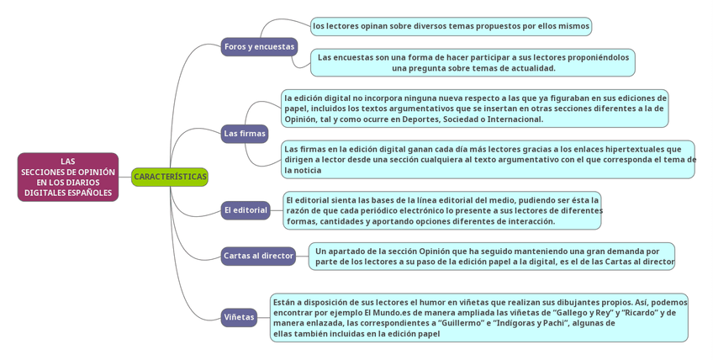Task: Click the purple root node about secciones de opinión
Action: pos(68,177)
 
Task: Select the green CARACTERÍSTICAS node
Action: pos(170,177)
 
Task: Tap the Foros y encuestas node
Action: pos(259,46)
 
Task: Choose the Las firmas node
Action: pos(245,133)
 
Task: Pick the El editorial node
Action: pos(246,210)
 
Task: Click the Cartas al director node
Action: pos(258,256)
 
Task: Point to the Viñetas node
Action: pos(239,317)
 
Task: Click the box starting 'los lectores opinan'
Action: pos(451,26)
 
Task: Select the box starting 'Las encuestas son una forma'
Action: pos(473,62)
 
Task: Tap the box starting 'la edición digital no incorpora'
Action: pos(475,109)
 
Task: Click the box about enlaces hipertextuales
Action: pos(488,159)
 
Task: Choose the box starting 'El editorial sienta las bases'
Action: pos(442,210)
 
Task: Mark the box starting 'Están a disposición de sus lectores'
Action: pos(479,317)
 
